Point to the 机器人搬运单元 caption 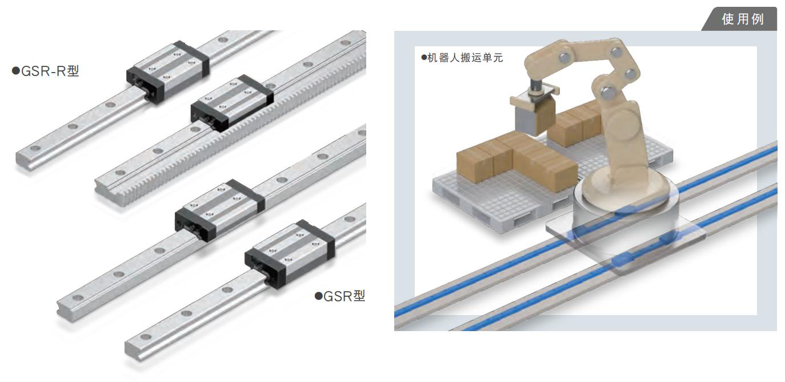(x=462, y=58)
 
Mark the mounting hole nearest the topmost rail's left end (x=35, y=148)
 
